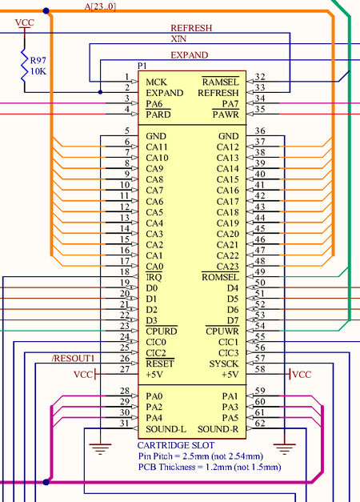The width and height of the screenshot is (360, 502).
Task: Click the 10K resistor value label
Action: (38, 71)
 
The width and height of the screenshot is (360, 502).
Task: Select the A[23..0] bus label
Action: (101, 6)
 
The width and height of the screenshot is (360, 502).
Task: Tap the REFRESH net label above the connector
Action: (191, 28)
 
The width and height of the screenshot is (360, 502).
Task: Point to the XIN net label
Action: (180, 38)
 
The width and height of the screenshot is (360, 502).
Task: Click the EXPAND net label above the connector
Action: (190, 55)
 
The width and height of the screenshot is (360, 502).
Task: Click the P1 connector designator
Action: (142, 65)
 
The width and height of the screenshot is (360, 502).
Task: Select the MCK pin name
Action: (156, 82)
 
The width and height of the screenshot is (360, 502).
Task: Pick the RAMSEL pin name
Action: (221, 82)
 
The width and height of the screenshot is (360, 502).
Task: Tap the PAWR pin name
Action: (226, 114)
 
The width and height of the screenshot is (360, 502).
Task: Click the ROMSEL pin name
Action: (221, 277)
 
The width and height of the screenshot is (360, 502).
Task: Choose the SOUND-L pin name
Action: (166, 428)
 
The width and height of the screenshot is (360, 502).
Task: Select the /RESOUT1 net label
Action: (73, 357)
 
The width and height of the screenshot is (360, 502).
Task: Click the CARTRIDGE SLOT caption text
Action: (174, 445)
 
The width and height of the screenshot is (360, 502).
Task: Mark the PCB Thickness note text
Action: (209, 466)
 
